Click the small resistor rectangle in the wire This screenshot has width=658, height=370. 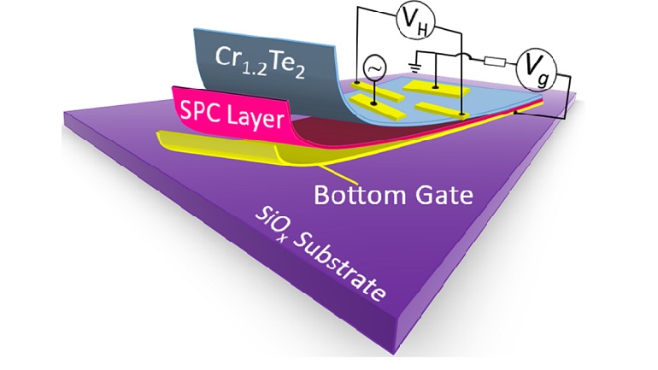click(x=493, y=62)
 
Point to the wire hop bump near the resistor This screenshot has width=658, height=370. click(x=469, y=57)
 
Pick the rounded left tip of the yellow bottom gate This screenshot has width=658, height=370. click(x=160, y=135)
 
